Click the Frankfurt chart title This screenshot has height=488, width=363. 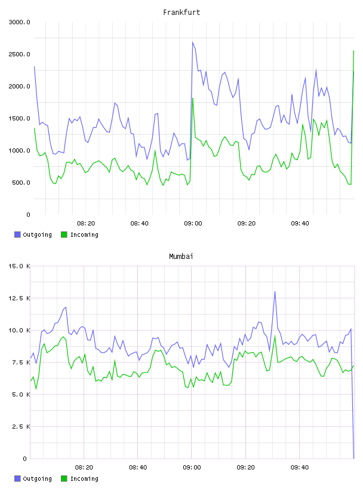click(181, 13)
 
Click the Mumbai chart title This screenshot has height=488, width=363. click(181, 257)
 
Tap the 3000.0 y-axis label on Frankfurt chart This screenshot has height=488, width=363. click(19, 22)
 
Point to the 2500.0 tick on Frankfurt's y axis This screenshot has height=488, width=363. click(19, 54)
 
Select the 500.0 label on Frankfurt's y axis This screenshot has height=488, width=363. click(21, 182)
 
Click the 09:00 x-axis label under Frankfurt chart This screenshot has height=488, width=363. click(193, 224)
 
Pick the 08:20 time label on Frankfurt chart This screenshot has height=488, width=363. click(86, 224)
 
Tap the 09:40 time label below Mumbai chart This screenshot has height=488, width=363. click(300, 468)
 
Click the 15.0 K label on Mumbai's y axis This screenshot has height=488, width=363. click(19, 266)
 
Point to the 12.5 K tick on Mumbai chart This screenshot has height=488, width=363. click(19, 298)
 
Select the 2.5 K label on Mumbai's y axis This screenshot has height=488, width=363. click(21, 426)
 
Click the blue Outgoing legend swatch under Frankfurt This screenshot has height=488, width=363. click(17, 234)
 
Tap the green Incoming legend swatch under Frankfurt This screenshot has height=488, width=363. click(64, 234)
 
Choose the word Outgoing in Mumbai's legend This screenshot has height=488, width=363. click(37, 478)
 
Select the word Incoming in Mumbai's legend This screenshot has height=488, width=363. click(84, 478)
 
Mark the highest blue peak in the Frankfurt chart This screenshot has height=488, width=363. click(193, 42)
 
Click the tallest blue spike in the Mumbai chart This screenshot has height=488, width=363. click(275, 292)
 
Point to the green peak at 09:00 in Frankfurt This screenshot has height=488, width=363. click(193, 98)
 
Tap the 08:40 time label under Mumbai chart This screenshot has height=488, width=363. click(139, 468)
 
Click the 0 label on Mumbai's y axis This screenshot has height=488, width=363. click(25, 459)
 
